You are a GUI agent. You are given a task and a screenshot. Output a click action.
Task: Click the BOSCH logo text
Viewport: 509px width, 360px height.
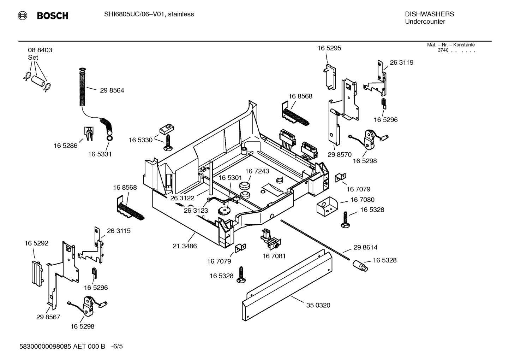pyautogui.click(x=52, y=16)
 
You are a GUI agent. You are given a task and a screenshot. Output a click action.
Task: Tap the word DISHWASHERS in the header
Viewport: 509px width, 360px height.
pyautogui.click(x=429, y=14)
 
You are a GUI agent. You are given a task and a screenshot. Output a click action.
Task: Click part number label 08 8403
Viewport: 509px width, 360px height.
pyautogui.click(x=40, y=50)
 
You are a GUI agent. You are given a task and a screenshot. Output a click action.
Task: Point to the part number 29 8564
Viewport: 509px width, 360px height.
pyautogui.click(x=112, y=90)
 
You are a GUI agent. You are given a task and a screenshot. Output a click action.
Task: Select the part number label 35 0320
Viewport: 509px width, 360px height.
pyautogui.click(x=318, y=305)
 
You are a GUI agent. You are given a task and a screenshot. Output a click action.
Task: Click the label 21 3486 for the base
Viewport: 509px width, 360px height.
pyautogui.click(x=185, y=246)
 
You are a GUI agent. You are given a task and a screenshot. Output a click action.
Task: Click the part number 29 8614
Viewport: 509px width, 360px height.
pyautogui.click(x=365, y=248)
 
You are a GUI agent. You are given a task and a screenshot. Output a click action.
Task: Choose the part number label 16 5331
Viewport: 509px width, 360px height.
pyautogui.click(x=100, y=154)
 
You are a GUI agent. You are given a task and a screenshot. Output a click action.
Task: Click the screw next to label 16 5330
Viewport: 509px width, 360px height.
pyautogui.click(x=168, y=142)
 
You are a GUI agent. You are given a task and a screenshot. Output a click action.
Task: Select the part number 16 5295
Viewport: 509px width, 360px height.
pyautogui.click(x=329, y=48)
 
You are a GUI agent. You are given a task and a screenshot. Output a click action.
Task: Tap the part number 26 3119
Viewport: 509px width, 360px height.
pyautogui.click(x=401, y=63)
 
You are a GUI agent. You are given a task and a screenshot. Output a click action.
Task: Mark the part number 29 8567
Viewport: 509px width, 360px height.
pyautogui.click(x=48, y=317)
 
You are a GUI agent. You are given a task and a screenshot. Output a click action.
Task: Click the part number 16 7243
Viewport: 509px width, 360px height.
pyautogui.click(x=257, y=171)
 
